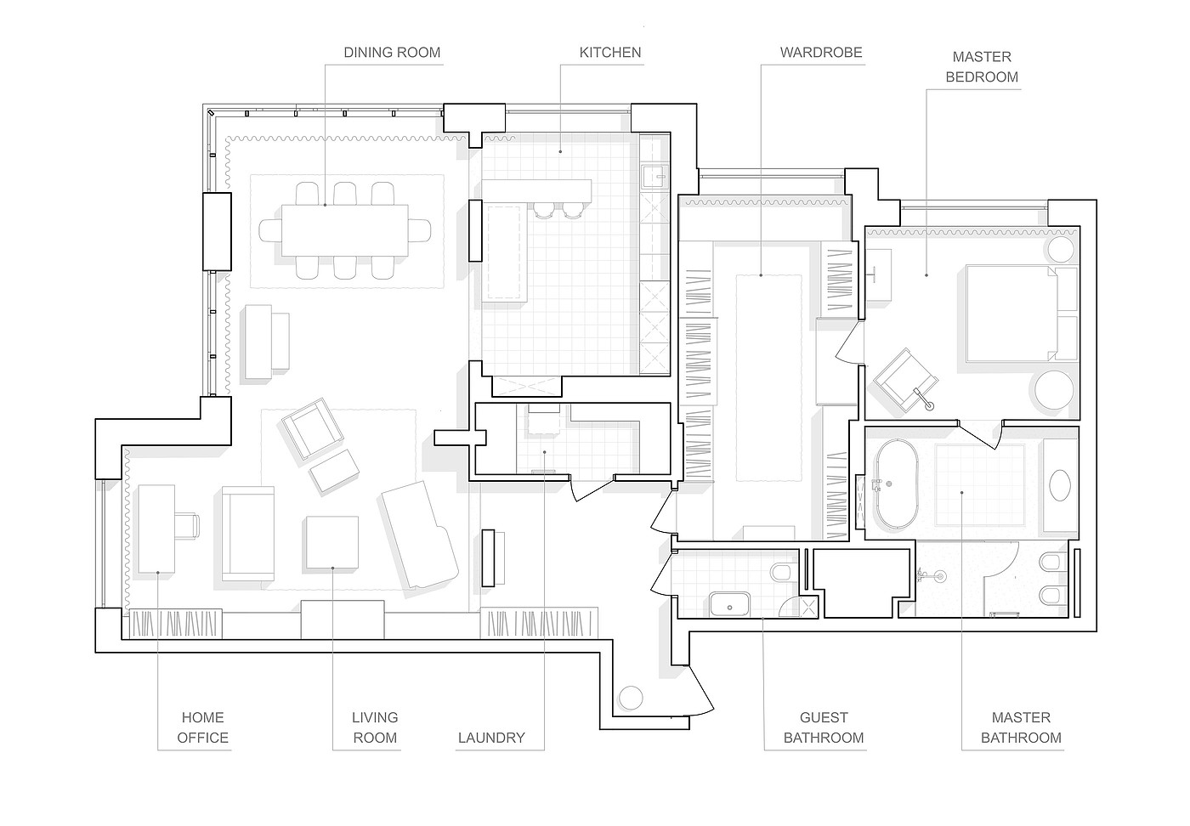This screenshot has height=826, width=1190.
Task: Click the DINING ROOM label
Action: click(392, 53)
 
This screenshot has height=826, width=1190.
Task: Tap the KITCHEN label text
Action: click(610, 53)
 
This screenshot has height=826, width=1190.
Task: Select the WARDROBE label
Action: click(821, 53)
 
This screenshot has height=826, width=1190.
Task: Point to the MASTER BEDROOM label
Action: click(982, 67)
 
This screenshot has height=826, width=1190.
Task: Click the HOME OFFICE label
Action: click(202, 727)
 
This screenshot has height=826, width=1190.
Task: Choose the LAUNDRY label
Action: click(491, 738)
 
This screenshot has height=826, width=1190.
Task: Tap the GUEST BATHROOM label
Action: click(824, 727)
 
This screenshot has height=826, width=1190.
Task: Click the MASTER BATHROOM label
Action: click(1021, 727)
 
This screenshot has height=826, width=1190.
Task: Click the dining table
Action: click(345, 230)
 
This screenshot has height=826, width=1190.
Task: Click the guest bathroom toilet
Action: click(781, 572)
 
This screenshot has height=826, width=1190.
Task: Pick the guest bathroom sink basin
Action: click(730, 606)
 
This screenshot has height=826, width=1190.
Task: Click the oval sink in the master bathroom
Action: click(1061, 485)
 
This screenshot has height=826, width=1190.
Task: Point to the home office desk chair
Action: click(186, 526)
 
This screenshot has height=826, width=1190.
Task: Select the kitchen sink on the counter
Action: click(654, 176)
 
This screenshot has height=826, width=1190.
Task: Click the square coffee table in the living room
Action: click(331, 542)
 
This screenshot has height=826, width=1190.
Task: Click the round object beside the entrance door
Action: click(631, 697)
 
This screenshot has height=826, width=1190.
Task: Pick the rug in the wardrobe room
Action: click(768, 377)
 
